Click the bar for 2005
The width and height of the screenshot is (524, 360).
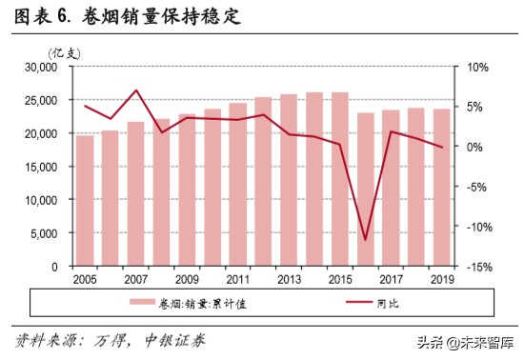click(x=85, y=201)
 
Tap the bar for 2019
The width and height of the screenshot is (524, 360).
click(x=442, y=188)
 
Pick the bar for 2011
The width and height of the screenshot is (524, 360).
click(x=237, y=185)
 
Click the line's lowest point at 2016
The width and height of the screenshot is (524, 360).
click(x=365, y=239)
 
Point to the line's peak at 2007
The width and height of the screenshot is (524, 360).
click(x=136, y=90)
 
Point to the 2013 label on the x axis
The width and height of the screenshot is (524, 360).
click(x=289, y=280)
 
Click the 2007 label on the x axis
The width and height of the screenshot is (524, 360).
click(x=135, y=280)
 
